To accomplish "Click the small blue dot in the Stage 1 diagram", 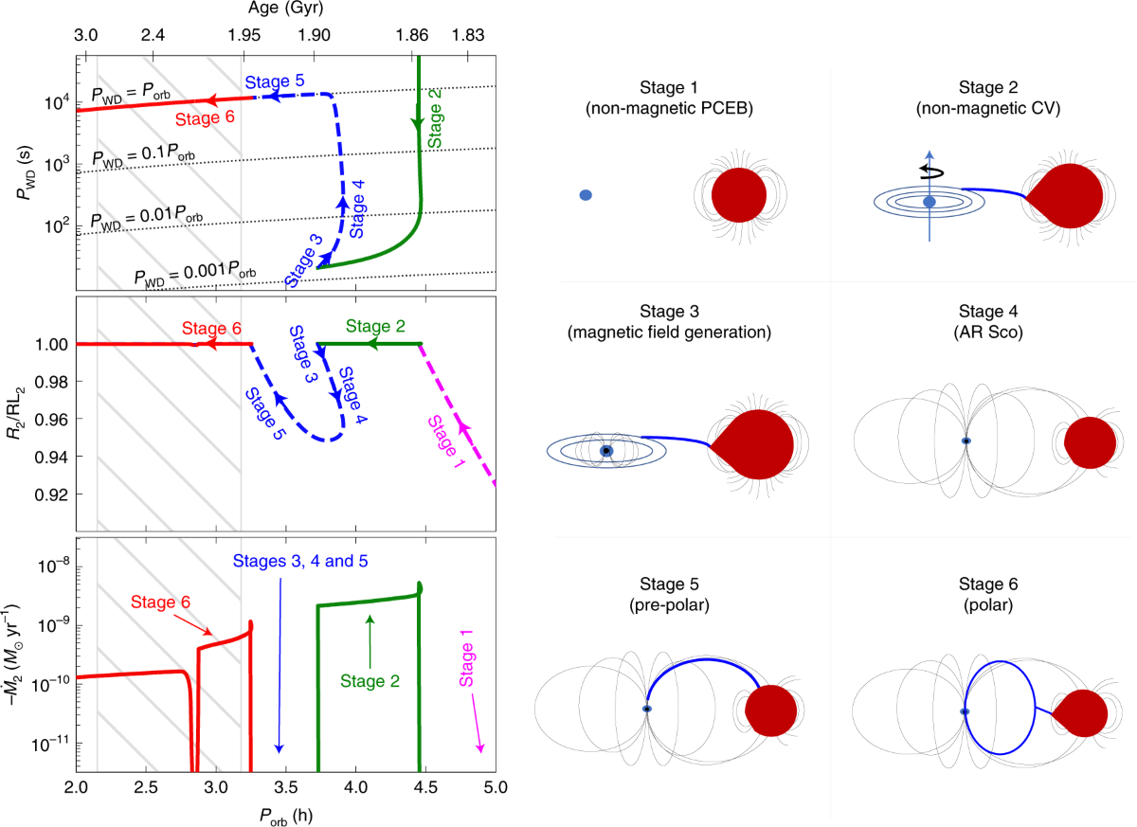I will (586, 195).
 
